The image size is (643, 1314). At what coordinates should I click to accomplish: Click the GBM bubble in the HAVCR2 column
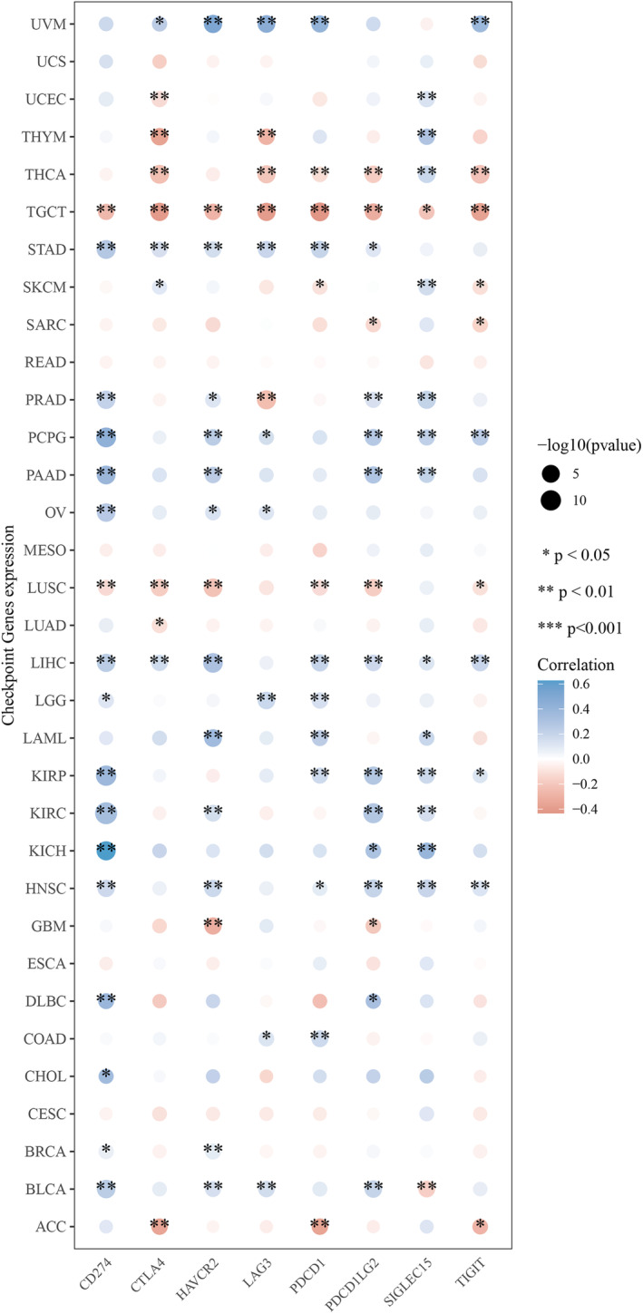click(213, 933)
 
